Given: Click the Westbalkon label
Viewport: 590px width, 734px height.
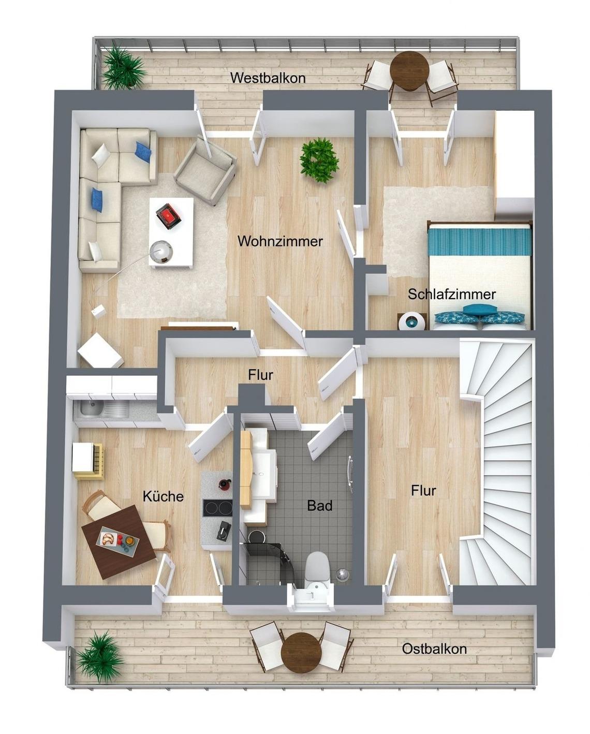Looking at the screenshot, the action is (x=268, y=78).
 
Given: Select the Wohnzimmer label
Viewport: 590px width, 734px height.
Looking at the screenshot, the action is (x=280, y=242).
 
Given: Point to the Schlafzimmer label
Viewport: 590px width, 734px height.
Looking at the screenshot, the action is (x=451, y=294).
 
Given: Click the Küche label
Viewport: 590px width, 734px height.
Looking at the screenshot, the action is (x=163, y=496).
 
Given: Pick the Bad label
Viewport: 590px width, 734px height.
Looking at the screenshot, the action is (x=319, y=506).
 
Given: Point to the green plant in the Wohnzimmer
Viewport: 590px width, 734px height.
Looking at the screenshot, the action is (x=319, y=160).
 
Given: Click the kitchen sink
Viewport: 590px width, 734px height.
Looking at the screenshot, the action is (x=91, y=408).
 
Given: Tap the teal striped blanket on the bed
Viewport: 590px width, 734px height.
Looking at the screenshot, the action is (x=480, y=242).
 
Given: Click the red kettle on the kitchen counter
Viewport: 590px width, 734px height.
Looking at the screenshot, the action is (x=225, y=485).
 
